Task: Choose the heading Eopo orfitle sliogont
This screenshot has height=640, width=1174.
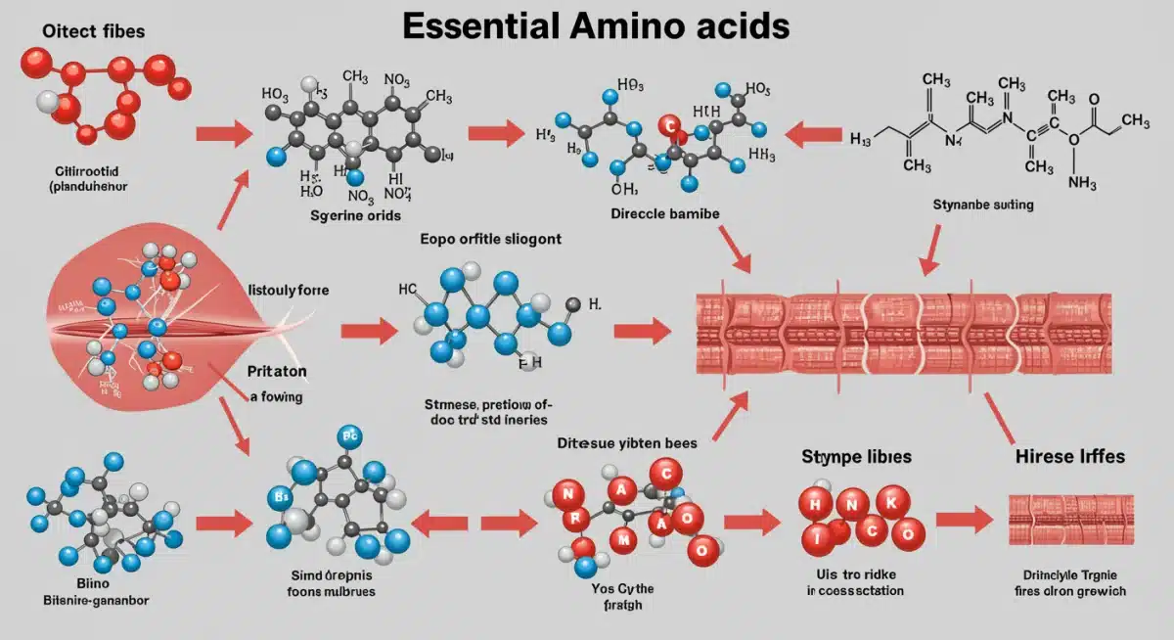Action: point(490,238)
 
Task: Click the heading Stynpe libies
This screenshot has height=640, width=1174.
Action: point(856,456)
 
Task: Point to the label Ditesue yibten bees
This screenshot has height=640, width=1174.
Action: point(627,442)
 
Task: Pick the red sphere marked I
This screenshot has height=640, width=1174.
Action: point(814,535)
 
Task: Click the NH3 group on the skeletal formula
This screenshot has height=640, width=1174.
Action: point(1082,182)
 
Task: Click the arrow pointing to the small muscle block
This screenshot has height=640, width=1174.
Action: point(964,521)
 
